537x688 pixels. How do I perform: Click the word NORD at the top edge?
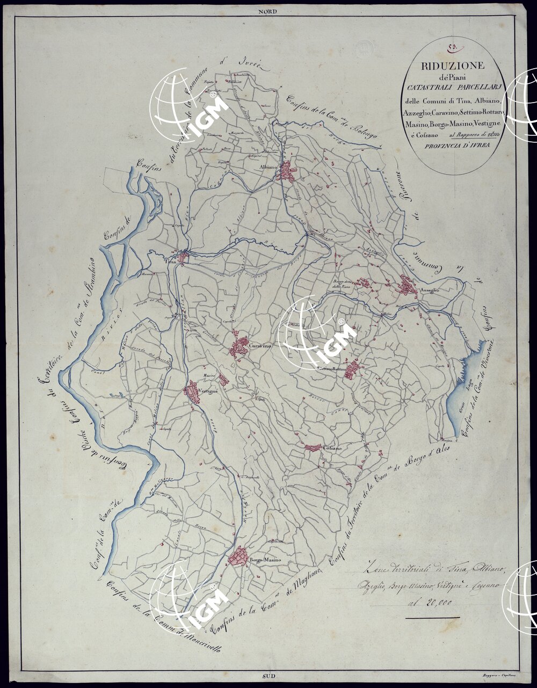point(266,11)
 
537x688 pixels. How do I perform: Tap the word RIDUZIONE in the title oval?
point(446,66)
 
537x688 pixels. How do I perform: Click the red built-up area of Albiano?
point(289,170)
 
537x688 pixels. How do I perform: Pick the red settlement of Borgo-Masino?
point(238,556)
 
